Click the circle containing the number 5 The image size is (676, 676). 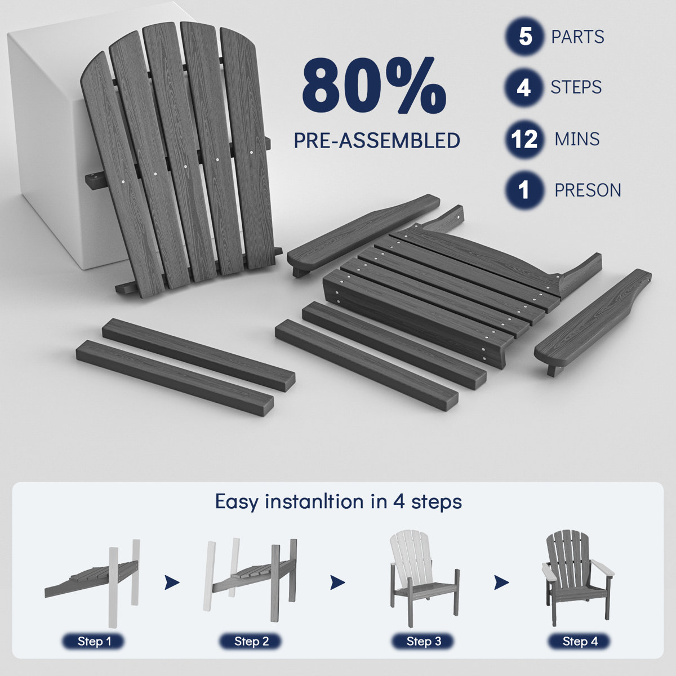pyautogui.click(x=525, y=36)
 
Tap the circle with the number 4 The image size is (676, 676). pyautogui.click(x=524, y=87)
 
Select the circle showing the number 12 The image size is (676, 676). pyautogui.click(x=524, y=139)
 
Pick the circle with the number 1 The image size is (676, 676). pyautogui.click(x=524, y=190)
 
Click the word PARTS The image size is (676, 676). pyautogui.click(x=577, y=37)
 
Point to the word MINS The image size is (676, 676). pyautogui.click(x=577, y=139)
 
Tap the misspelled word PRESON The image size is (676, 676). pyautogui.click(x=588, y=190)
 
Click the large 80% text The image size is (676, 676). pyautogui.click(x=374, y=85)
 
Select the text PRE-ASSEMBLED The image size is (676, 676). pyautogui.click(x=377, y=140)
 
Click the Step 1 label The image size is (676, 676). pyautogui.click(x=94, y=641)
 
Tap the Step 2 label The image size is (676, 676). pyautogui.click(x=251, y=641)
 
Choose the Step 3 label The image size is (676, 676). pyautogui.click(x=424, y=641)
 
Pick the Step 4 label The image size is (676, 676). pyautogui.click(x=580, y=641)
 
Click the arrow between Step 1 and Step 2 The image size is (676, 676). pyautogui.click(x=172, y=582)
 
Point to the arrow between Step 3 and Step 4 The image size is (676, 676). pyautogui.click(x=501, y=582)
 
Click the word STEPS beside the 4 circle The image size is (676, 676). pyautogui.click(x=576, y=87)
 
